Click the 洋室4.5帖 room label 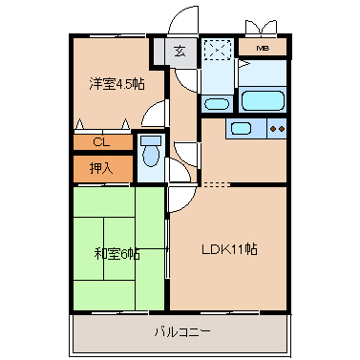[x=116, y=84]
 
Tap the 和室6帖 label [x=117, y=255]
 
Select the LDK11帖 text [x=229, y=249]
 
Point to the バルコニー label [x=182, y=332]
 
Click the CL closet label [x=101, y=142]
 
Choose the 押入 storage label [x=101, y=168]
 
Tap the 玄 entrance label [x=180, y=51]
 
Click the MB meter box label [x=263, y=49]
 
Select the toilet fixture [x=151, y=151]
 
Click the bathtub [x=263, y=100]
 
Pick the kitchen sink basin [x=241, y=128]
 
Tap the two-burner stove [x=277, y=129]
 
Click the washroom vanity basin [x=217, y=104]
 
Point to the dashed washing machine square [x=217, y=50]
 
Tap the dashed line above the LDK [x=216, y=184]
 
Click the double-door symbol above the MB [x=261, y=28]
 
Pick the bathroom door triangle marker [x=244, y=64]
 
